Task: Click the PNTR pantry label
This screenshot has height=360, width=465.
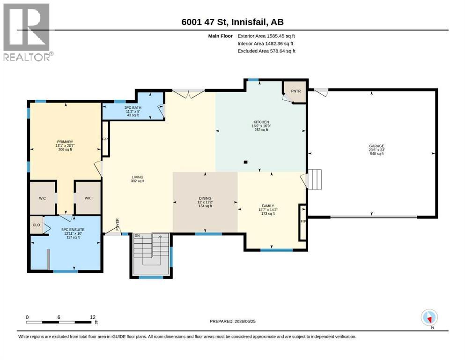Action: click(295, 91)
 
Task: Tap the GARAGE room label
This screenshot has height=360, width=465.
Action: click(376, 146)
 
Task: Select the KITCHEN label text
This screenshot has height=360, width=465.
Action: click(261, 122)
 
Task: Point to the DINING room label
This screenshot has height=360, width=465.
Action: click(205, 198)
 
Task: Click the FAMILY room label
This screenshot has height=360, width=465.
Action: click(268, 206)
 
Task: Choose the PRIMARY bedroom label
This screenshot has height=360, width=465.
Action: click(65, 142)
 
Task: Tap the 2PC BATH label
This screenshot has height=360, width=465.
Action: click(133, 108)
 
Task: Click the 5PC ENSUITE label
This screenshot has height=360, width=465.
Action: click(73, 230)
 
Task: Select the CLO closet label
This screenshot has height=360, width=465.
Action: click(36, 225)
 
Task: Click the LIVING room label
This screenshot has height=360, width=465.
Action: click(138, 177)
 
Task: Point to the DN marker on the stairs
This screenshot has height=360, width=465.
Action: click(137, 236)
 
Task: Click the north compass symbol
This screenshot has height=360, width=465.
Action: click(429, 318)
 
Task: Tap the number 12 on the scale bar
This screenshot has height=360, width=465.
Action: click(93, 317)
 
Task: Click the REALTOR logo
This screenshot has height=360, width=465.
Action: click(28, 32)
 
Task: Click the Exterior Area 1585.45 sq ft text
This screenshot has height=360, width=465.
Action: click(266, 36)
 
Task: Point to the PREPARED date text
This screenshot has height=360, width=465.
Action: click(232, 321)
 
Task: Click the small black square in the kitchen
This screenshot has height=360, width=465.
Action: click(245, 162)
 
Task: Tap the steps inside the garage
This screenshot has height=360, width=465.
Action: click(315, 179)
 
